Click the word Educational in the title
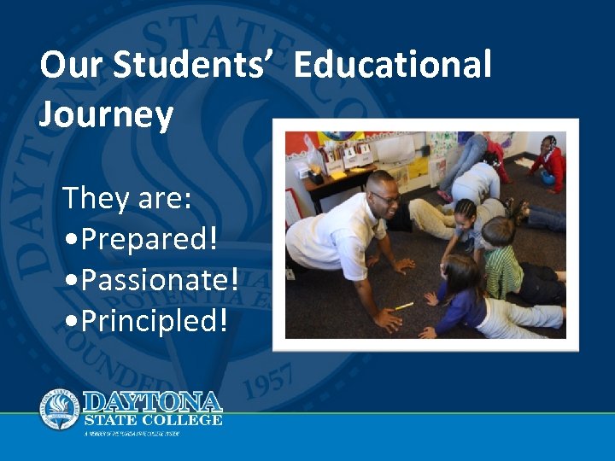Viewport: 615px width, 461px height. (393, 66)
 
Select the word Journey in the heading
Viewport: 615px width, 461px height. (106, 114)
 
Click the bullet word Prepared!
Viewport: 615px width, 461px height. (141, 239)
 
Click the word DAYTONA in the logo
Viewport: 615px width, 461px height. (153, 401)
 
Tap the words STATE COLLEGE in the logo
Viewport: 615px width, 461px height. (153, 419)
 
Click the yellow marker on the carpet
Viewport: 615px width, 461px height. (403, 306)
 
